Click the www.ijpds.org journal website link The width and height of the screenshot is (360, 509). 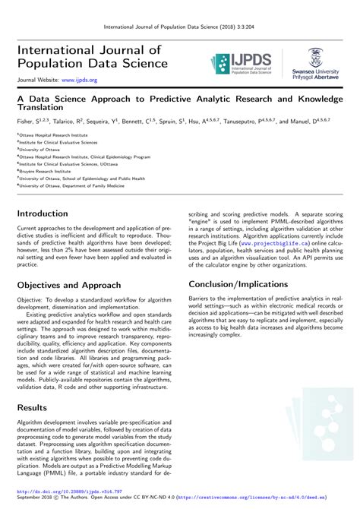click(x=80, y=78)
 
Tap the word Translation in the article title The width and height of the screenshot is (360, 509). click(x=36, y=108)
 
